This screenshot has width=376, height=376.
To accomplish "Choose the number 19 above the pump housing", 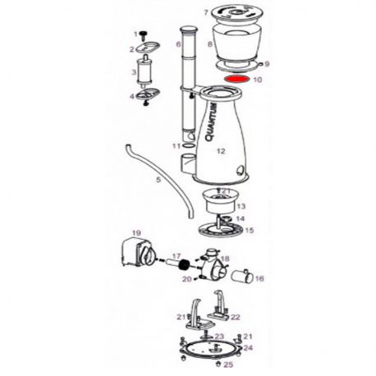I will click(x=137, y=232).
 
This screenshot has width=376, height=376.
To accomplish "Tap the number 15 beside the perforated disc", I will click(x=250, y=231).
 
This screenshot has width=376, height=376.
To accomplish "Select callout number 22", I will click(x=236, y=317).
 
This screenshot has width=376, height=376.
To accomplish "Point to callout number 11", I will click(x=175, y=145).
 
